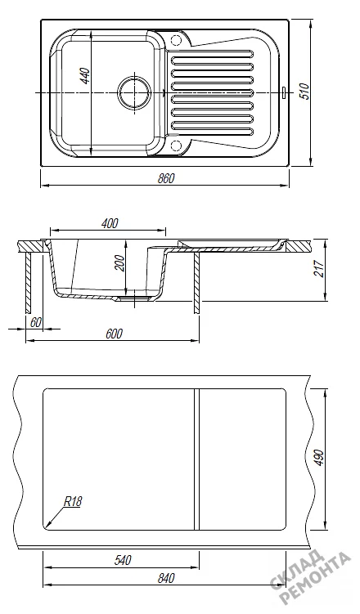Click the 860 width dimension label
click(166, 178)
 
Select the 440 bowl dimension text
click(85, 76)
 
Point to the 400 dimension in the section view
click(110, 223)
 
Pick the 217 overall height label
click(320, 270)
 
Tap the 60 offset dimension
click(36, 322)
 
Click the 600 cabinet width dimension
click(114, 334)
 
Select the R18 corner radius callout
click(72, 502)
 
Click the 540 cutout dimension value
click(123, 560)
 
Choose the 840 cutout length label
click(166, 578)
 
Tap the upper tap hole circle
click(176, 40)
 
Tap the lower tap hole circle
click(176, 145)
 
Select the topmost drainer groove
click(213, 52)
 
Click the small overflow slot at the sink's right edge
click(283, 92)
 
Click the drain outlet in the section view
click(134, 298)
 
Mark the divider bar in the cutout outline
click(196, 459)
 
